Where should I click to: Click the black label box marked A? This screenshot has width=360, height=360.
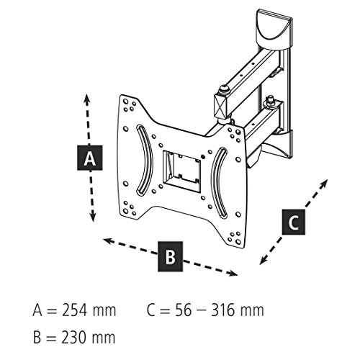pyautogui.click(x=90, y=158)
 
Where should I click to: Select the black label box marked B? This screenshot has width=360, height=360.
pyautogui.click(x=170, y=256)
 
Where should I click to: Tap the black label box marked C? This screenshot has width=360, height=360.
pyautogui.click(x=294, y=222)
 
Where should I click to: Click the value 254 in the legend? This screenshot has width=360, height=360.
pyautogui.click(x=74, y=310)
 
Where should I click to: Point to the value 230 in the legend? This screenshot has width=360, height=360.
pyautogui.click(x=73, y=337)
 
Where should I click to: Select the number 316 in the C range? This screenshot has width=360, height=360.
pyautogui.click(x=222, y=310)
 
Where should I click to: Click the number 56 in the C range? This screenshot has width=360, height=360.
pyautogui.click(x=183, y=310)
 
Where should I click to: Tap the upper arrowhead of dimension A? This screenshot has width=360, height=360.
pyautogui.click(x=86, y=99)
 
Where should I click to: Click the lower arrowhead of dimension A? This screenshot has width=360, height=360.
pyautogui.click(x=93, y=217)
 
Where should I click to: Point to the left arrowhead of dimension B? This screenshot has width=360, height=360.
pyautogui.click(x=108, y=240)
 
